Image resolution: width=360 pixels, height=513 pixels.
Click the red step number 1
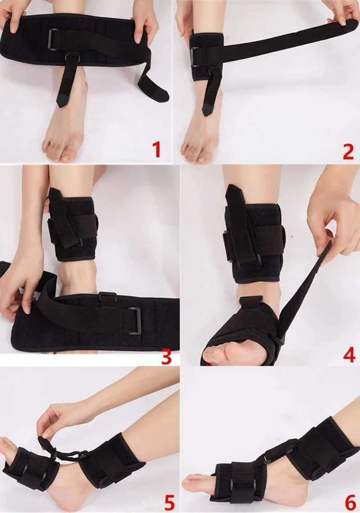(157, 149)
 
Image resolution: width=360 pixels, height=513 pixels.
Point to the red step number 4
(349, 354)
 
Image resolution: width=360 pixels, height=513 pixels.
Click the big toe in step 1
(67, 157)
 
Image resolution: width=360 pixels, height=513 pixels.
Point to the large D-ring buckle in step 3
(134, 321)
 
